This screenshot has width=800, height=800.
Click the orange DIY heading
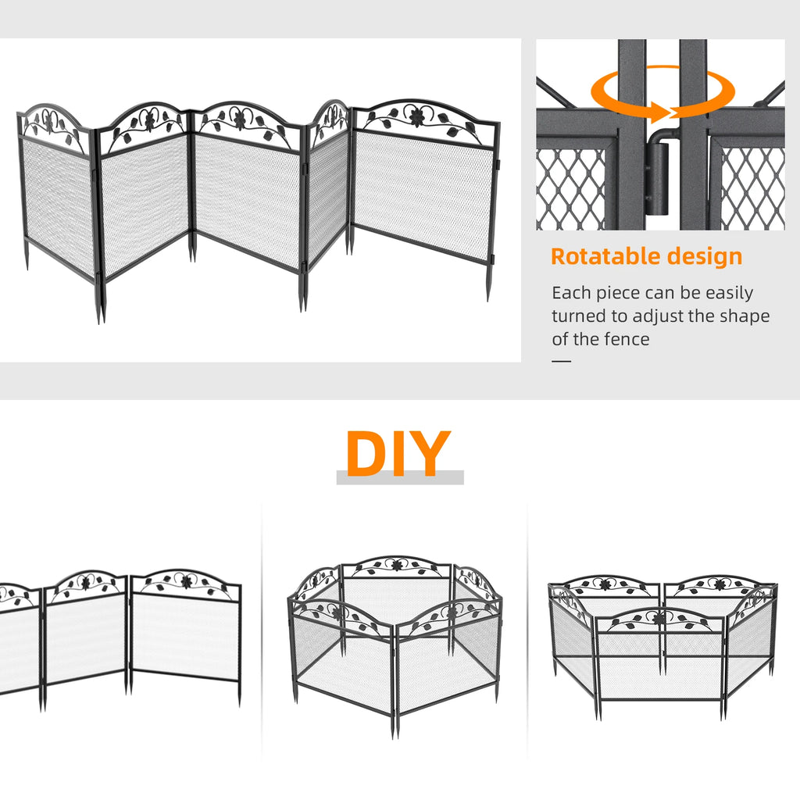click(x=398, y=454)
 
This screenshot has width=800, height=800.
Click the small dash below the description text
click(x=561, y=361)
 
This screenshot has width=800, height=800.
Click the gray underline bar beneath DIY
click(x=400, y=477)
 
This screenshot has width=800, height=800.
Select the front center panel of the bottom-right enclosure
click(x=660, y=664)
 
